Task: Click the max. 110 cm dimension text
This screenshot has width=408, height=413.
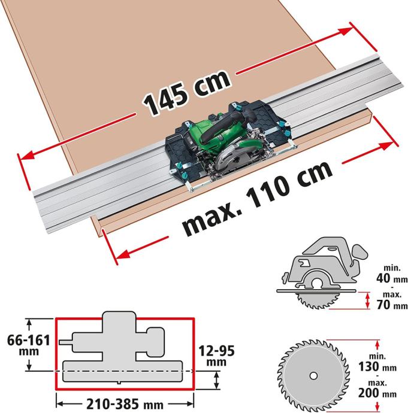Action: tap(258, 199)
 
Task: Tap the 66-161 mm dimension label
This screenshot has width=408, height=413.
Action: tap(29, 345)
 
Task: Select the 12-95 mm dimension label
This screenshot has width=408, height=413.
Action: tap(216, 356)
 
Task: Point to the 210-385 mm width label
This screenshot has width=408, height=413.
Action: tap(125, 404)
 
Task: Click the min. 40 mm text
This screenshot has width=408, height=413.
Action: tap(392, 274)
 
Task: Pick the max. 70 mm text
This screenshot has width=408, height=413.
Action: tap(392, 300)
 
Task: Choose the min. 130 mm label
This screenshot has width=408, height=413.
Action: tap(377, 363)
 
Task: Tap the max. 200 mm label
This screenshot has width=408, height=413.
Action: tap(377, 389)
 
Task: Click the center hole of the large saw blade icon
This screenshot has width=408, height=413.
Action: tap(313, 376)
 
